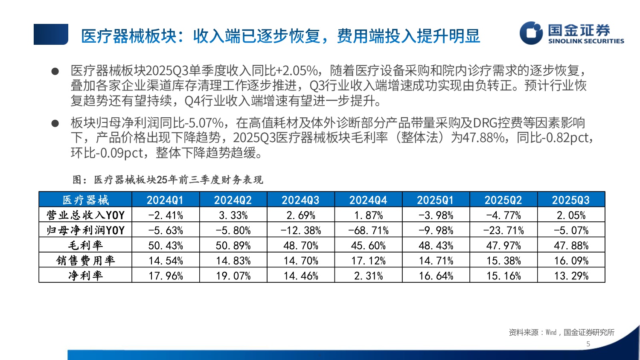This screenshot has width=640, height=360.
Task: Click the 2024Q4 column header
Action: [368, 200]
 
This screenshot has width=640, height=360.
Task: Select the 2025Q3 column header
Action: [571, 200]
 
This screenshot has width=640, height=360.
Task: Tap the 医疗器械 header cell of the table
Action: [85, 200]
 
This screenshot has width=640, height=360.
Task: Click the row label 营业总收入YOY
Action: [85, 215]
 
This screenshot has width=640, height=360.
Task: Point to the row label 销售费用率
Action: [85, 260]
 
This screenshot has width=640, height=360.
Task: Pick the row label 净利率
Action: [85, 276]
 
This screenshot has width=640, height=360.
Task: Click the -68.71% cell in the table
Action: [368, 230]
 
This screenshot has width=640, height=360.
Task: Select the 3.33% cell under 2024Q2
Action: [233, 215]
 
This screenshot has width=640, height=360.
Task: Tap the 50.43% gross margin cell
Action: [166, 245]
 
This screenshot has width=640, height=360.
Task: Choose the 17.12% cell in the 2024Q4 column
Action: [368, 260]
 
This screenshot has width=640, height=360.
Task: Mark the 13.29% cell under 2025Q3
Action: [571, 276]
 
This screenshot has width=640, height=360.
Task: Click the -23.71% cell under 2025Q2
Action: [503, 230]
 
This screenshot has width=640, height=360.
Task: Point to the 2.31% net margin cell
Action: [368, 276]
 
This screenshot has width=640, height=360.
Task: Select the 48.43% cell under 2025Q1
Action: [436, 245]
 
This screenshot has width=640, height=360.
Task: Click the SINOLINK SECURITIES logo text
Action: [586, 41]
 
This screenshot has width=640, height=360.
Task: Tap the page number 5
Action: [588, 344]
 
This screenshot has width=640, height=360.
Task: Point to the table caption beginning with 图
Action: [168, 180]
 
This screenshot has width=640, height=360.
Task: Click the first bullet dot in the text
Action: [55, 71]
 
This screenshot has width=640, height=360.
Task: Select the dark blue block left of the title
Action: [51, 34]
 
